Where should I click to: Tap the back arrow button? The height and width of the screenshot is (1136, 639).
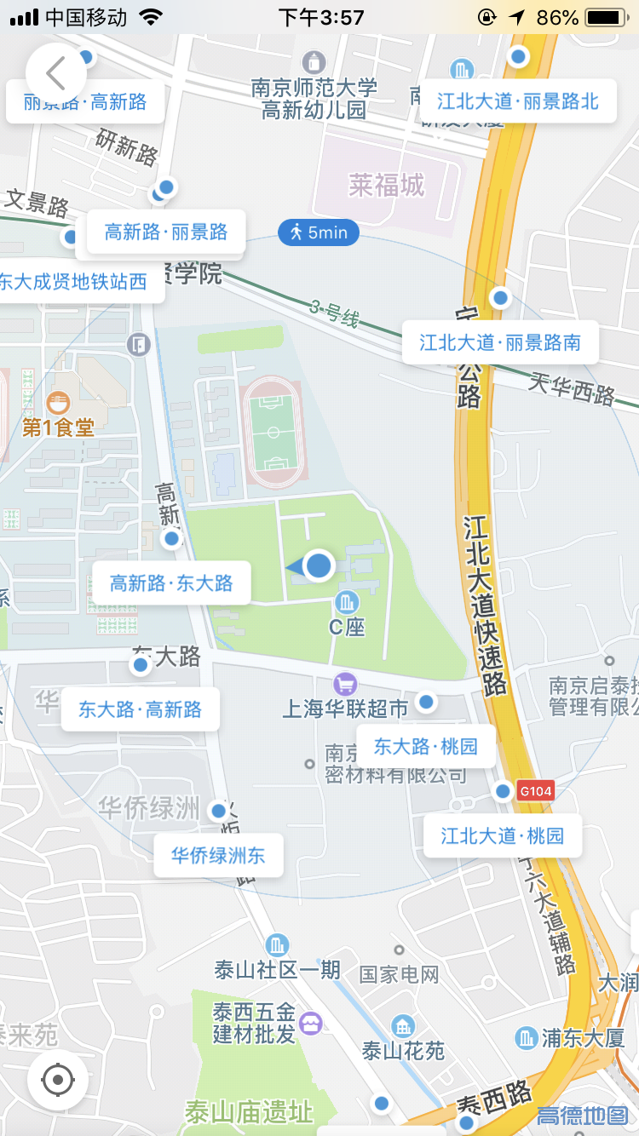(56, 74)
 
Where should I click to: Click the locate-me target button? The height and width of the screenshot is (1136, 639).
(58, 1081)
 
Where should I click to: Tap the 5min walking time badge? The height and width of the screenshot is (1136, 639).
(319, 232)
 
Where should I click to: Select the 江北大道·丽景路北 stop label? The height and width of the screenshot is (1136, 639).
(518, 102)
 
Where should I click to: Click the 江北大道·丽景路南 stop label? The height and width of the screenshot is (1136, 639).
(500, 343)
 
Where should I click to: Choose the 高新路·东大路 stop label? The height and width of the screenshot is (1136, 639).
(171, 583)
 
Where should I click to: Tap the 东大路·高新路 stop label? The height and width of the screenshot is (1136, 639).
(140, 709)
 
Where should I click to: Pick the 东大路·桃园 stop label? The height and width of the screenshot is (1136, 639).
(426, 747)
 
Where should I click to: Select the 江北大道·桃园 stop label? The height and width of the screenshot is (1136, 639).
(503, 835)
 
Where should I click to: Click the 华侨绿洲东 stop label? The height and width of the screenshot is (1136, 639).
(218, 856)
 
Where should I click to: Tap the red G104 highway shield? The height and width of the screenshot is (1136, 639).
(536, 791)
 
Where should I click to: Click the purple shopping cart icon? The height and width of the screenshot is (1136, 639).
(345, 683)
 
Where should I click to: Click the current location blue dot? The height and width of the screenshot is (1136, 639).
(319, 565)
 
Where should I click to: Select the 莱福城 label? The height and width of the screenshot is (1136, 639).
(387, 185)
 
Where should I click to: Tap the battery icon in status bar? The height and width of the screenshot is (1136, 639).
(606, 17)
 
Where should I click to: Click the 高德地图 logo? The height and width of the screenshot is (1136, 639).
(583, 1115)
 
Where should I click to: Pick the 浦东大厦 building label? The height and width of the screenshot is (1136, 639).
(583, 1038)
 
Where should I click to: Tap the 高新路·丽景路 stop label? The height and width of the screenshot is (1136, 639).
(166, 232)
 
